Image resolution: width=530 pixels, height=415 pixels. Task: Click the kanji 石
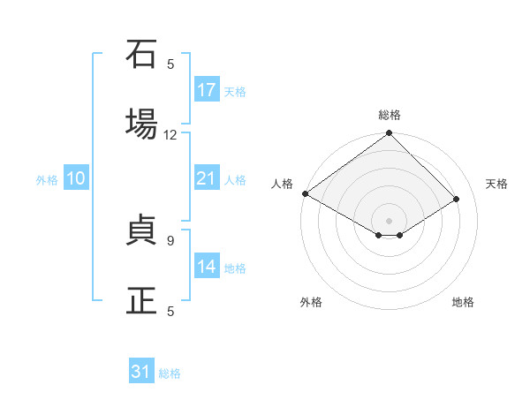tap(141, 55)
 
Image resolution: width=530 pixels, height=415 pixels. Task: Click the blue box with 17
tap(207, 90)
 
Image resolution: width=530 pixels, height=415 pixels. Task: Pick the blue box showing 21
tap(207, 178)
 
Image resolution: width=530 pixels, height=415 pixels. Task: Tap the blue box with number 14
tap(207, 267)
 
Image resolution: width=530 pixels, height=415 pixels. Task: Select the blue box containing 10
tap(76, 178)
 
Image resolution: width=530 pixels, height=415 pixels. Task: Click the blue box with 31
tap(141, 372)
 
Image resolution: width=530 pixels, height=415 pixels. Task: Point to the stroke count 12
tap(170, 135)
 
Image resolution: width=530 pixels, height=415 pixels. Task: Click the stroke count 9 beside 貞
tap(170, 239)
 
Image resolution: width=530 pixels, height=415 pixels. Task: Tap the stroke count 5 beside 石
tap(170, 64)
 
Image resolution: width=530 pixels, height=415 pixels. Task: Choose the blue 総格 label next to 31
tap(170, 373)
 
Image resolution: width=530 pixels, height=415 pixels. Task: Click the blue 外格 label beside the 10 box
tap(47, 180)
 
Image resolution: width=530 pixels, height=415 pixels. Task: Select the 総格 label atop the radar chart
tap(390, 115)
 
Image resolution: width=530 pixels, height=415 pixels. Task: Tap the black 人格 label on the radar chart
tap(282, 184)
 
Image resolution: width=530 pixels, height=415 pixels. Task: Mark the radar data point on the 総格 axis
tap(390, 134)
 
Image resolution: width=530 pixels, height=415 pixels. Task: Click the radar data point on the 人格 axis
tap(305, 193)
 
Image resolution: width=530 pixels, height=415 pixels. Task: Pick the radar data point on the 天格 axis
tap(457, 200)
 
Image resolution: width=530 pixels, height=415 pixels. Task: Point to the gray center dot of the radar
tap(390, 220)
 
